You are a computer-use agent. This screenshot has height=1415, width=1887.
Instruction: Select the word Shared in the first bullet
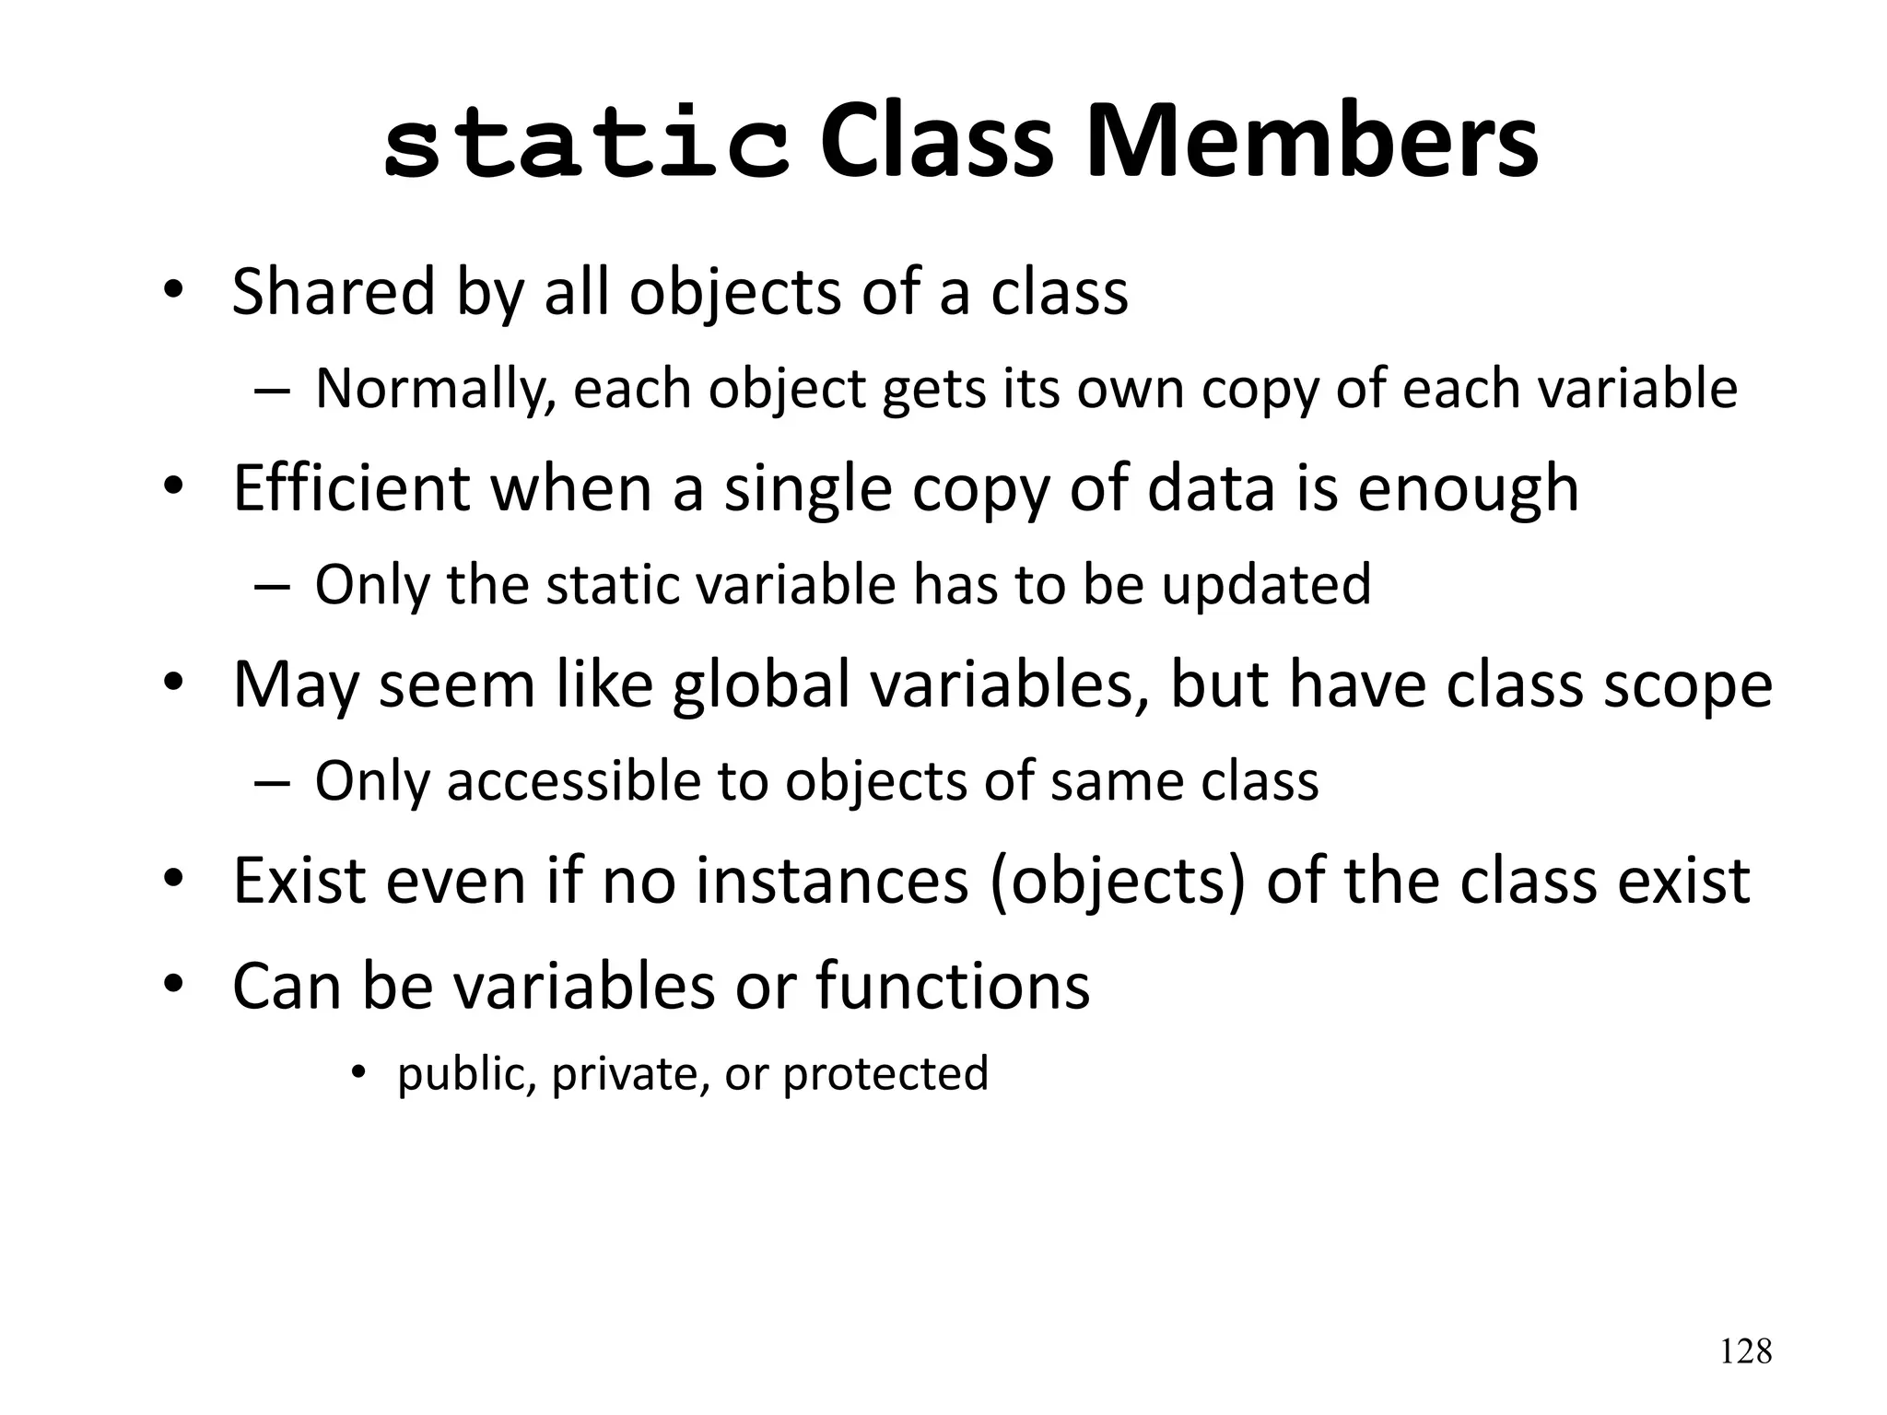(333, 292)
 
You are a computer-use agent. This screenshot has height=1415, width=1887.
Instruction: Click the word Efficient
(351, 488)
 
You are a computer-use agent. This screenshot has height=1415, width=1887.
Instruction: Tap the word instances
(832, 881)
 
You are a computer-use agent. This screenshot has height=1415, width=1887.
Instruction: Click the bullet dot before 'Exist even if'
(173, 880)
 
